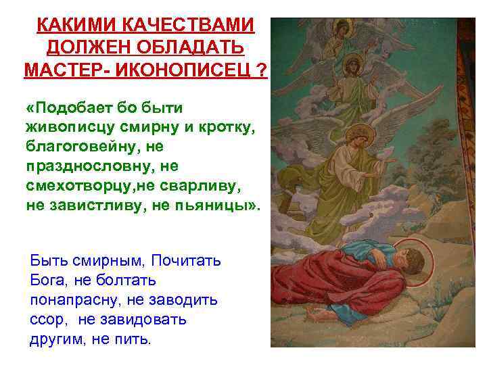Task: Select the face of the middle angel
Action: tap(354, 66)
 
